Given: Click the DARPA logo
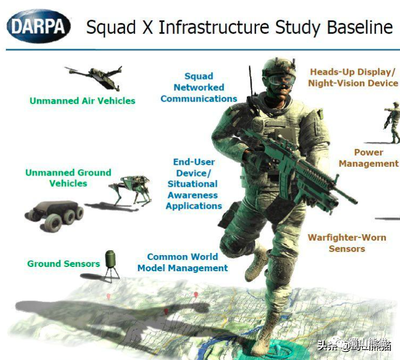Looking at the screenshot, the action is pyautogui.click(x=39, y=26).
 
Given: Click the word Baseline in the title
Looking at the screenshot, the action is pyautogui.click(x=360, y=27).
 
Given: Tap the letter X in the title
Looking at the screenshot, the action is pyautogui.click(x=147, y=27).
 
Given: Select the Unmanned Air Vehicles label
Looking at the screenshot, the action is pyautogui.click(x=82, y=101).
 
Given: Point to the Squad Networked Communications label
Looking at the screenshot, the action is pyautogui.click(x=199, y=88).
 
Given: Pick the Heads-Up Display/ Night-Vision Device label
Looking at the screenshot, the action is pyautogui.click(x=353, y=77).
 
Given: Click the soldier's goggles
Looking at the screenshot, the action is pyautogui.click(x=282, y=79).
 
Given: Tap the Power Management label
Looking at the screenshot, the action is pyautogui.click(x=369, y=158).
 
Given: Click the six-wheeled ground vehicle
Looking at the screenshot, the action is pyautogui.click(x=54, y=215).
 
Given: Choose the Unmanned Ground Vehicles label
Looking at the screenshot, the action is pyautogui.click(x=68, y=178).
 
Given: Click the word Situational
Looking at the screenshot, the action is pyautogui.click(x=192, y=184).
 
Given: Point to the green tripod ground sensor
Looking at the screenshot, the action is pyautogui.click(x=111, y=265).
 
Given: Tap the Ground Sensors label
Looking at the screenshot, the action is pyautogui.click(x=63, y=264).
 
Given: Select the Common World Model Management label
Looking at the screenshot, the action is pyautogui.click(x=183, y=263).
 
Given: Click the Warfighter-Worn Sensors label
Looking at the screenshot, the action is pyautogui.click(x=347, y=243).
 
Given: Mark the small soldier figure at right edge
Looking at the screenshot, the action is pyautogui.click(x=393, y=122).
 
